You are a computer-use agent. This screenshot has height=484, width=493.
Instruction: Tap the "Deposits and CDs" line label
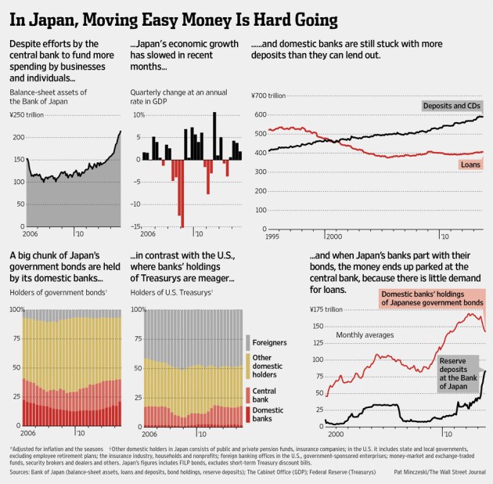point(452,106)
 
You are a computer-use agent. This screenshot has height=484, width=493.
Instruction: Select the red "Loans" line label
point(470,165)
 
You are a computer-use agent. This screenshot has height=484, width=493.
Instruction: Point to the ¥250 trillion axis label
point(29,117)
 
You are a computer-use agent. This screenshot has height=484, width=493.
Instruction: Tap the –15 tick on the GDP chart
point(136,226)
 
